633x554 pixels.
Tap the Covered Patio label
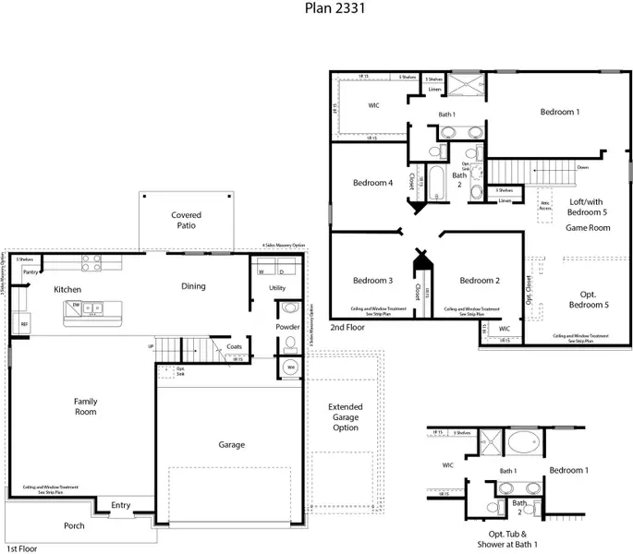click(186, 221)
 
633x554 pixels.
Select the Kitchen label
click(67, 290)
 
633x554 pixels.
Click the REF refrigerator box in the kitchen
click(25, 325)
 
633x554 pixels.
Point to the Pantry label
click(30, 272)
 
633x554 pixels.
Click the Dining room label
click(193, 286)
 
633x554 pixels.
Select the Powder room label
click(287, 327)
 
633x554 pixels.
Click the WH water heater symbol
click(290, 367)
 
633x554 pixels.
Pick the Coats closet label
click(233, 347)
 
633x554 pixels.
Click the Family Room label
click(86, 407)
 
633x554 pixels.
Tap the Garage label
click(231, 445)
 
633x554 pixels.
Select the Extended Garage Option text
click(345, 416)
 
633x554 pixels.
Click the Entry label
click(121, 505)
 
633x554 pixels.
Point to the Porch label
click(74, 526)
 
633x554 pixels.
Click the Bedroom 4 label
click(372, 183)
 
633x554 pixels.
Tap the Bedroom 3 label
click(372, 281)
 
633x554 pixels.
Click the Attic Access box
click(545, 205)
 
